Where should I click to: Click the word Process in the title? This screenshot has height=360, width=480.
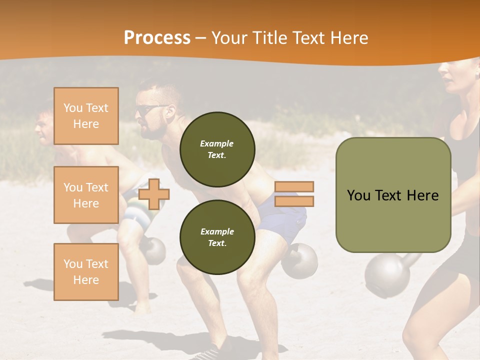pyautogui.click(x=157, y=38)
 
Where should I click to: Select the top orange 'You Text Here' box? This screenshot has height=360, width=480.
pyautogui.click(x=86, y=116)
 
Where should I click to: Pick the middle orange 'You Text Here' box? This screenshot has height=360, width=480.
pyautogui.click(x=86, y=195)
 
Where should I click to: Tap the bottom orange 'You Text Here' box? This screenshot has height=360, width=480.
pyautogui.click(x=86, y=271)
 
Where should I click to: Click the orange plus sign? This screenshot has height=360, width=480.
pyautogui.click(x=154, y=193)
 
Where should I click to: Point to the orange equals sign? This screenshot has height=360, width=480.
pyautogui.click(x=294, y=194)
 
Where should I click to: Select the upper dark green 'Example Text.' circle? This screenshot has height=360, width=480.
pyautogui.click(x=217, y=149)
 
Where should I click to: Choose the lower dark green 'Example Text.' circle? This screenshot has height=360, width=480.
pyautogui.click(x=217, y=237)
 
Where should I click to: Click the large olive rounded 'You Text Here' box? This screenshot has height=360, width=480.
pyautogui.click(x=393, y=195)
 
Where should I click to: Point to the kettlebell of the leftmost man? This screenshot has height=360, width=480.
pyautogui.click(x=153, y=250)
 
